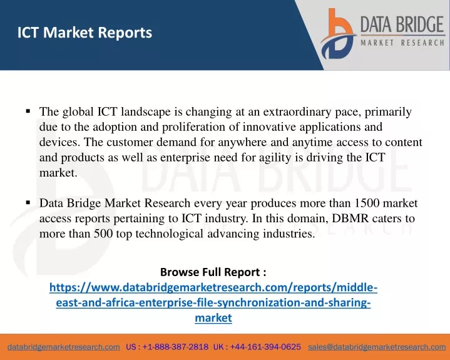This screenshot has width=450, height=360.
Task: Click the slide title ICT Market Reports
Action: (x=84, y=33)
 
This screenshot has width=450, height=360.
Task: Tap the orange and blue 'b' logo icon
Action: (x=338, y=34)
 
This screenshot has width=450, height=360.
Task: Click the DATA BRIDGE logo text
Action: (x=402, y=24)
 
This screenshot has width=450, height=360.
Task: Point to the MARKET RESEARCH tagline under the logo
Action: (x=402, y=43)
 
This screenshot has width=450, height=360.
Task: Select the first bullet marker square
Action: (x=28, y=111)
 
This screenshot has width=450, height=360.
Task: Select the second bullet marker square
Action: (x=28, y=203)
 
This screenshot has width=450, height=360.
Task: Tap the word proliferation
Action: (x=194, y=127)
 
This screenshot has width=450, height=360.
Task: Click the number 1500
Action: (x=367, y=203)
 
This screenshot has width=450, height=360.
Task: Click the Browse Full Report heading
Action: (x=213, y=272)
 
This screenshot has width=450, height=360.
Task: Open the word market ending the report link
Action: (x=213, y=318)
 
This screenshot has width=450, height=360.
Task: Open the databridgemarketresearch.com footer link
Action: (x=64, y=347)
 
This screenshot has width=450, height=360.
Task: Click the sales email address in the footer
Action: (x=377, y=347)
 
